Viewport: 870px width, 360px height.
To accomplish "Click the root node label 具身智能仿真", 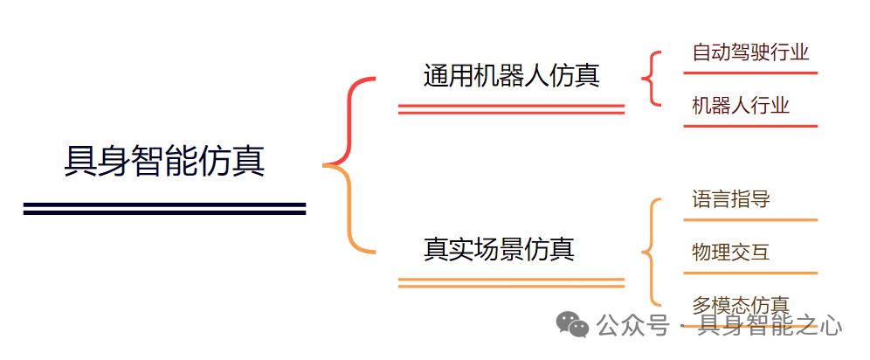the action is tap(164, 162).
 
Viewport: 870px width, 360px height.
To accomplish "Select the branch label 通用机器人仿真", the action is tap(511, 75).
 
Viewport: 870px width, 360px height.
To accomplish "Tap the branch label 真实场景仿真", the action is tap(499, 249).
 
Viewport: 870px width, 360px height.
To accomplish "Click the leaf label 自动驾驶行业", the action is tap(749, 52).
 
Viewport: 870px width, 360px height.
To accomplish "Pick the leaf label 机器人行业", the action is tap(740, 106).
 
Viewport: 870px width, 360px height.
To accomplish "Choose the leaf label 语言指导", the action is tap(730, 199).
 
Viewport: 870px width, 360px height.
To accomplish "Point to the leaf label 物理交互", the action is tap(730, 253).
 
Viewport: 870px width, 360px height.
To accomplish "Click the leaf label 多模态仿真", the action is tap(740, 305).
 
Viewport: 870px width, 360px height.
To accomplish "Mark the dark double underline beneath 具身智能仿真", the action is tap(164, 208).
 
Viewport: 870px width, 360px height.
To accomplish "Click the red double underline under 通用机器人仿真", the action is tap(511, 109).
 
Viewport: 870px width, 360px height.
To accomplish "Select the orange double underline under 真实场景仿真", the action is tap(511, 282).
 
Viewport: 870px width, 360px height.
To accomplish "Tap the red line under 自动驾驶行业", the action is tap(749, 73).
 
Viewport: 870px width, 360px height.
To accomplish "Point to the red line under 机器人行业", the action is tap(749, 126).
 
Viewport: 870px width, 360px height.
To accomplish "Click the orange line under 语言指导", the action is tap(749, 219).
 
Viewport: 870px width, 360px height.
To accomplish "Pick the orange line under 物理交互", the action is tap(749, 273).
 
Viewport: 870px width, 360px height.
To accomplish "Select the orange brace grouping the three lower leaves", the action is tap(650, 253).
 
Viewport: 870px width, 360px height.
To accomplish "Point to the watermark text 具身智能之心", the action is tap(770, 327).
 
